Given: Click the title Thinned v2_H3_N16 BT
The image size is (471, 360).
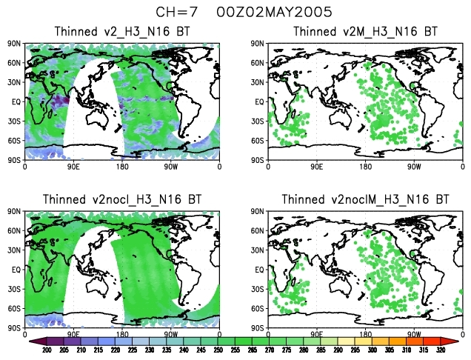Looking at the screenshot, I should pyautogui.click(x=123, y=31).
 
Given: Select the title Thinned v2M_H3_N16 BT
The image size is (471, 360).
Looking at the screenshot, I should pyautogui.click(x=364, y=31).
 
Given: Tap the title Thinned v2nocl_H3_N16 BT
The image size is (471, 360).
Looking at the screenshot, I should pyautogui.click(x=123, y=199).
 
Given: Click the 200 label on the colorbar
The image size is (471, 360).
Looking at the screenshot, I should pyautogui.click(x=47, y=350).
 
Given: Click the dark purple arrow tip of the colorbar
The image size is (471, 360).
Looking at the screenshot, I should pyautogui.click(x=34, y=341).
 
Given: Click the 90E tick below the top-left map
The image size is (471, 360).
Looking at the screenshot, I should pyautogui.click(x=74, y=167).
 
